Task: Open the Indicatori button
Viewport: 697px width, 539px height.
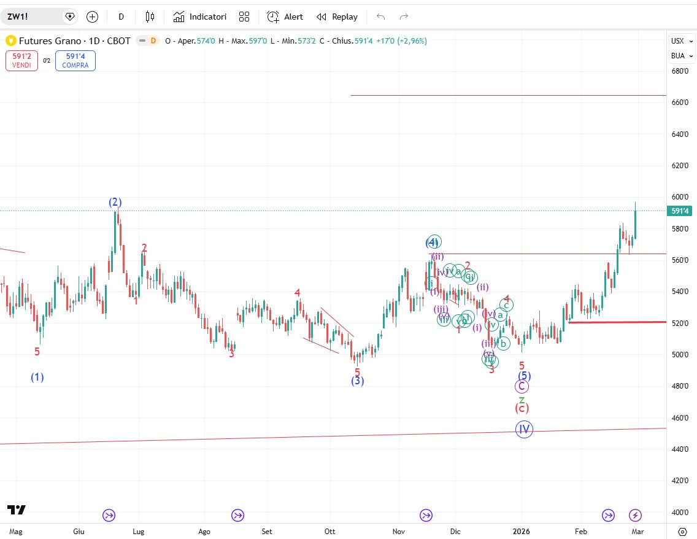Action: (x=199, y=17)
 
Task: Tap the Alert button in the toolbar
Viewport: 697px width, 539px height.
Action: (x=285, y=17)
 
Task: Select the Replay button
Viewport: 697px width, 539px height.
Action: (x=337, y=17)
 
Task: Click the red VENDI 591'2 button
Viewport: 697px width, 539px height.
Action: (x=21, y=60)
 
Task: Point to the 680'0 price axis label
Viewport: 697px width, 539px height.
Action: (x=679, y=71)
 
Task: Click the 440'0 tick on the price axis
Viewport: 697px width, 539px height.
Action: (x=679, y=449)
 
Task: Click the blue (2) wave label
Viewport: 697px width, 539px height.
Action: (x=115, y=202)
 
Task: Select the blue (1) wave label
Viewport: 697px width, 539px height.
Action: (x=37, y=377)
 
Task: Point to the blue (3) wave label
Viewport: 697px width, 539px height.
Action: (x=358, y=381)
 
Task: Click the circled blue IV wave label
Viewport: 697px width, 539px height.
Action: (x=524, y=429)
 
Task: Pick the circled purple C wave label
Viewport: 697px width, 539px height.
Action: (x=522, y=386)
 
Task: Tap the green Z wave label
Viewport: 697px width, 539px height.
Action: (x=522, y=400)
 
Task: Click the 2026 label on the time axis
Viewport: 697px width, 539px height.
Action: (x=522, y=531)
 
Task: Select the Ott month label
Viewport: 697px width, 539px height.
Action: (x=330, y=531)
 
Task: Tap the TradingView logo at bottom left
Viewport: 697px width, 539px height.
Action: (x=17, y=510)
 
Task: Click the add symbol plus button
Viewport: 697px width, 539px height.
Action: (x=92, y=17)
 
